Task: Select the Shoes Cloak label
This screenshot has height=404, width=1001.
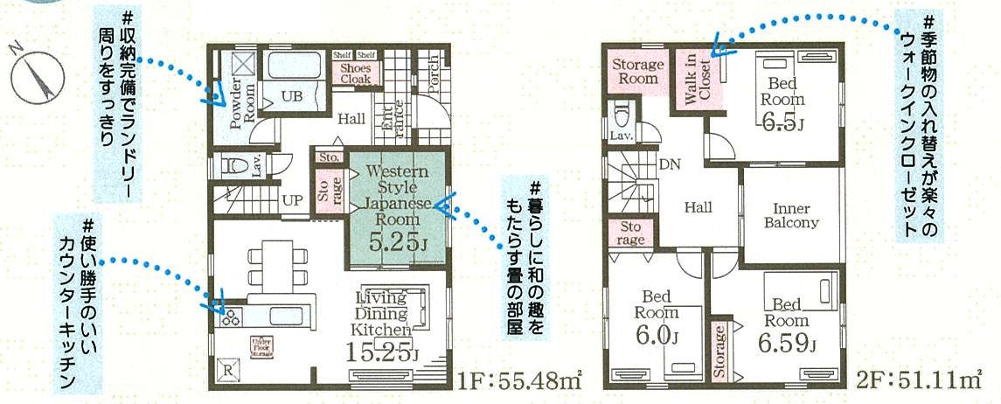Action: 355,73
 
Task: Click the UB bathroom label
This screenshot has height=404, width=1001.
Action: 292,96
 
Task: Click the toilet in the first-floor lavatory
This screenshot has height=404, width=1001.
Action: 233,164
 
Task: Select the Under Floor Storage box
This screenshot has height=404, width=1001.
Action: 261,347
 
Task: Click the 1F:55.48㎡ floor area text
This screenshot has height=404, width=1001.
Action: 519,381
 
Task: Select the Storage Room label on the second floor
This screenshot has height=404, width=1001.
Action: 636,72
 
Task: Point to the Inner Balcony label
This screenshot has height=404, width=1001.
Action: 791,215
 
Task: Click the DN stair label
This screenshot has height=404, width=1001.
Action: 670,164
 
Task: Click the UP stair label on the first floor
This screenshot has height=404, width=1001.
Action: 292,200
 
